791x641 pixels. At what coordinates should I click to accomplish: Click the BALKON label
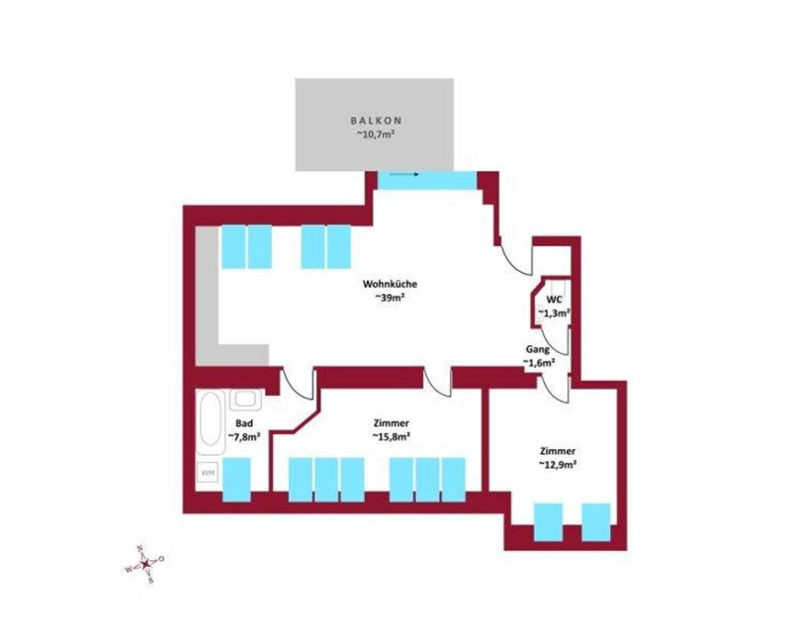(376, 121)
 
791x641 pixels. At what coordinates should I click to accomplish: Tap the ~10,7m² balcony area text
(375, 135)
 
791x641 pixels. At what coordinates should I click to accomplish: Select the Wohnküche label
(390, 284)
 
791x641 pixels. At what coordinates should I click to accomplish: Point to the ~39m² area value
(391, 298)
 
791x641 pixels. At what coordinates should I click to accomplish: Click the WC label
(554, 300)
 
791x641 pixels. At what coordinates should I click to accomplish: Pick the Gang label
(538, 349)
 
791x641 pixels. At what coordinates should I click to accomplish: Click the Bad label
(244, 423)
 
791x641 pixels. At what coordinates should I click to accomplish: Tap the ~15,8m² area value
(391, 436)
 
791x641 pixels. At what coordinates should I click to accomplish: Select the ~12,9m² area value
(558, 465)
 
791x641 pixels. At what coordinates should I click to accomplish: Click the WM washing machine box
(208, 473)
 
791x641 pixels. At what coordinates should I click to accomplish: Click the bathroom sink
(246, 400)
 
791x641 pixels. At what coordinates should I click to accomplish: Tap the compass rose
(144, 563)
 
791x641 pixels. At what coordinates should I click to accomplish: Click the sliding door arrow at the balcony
(404, 175)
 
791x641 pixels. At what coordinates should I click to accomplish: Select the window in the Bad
(236, 480)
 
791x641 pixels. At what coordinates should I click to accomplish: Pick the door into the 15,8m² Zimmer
(437, 382)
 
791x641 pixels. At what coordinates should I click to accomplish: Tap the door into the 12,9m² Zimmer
(556, 388)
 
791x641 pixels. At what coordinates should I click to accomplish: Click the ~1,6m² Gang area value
(539, 362)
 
